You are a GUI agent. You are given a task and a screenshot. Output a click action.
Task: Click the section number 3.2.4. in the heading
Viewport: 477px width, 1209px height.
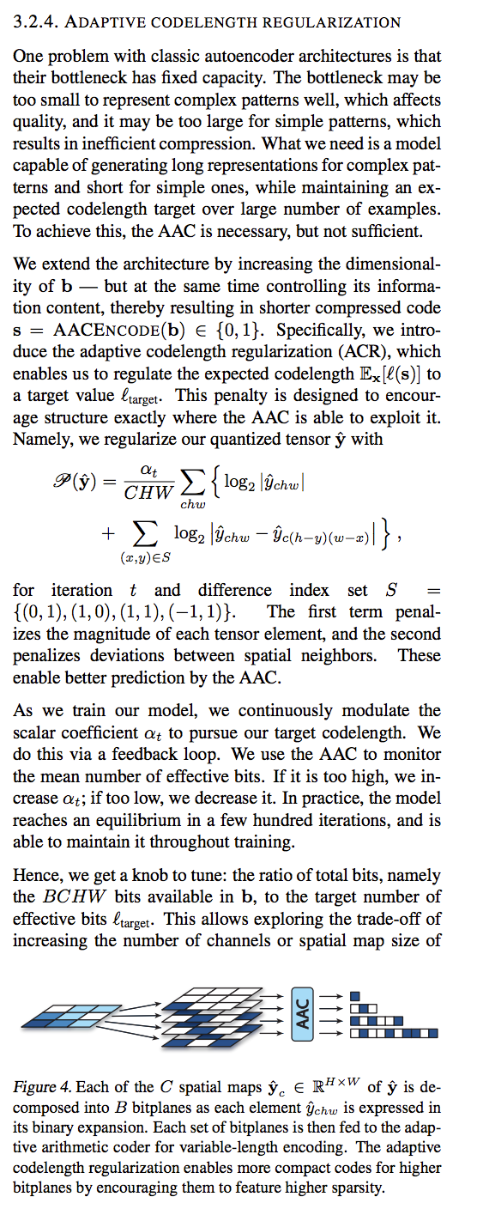pyautogui.click(x=35, y=21)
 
